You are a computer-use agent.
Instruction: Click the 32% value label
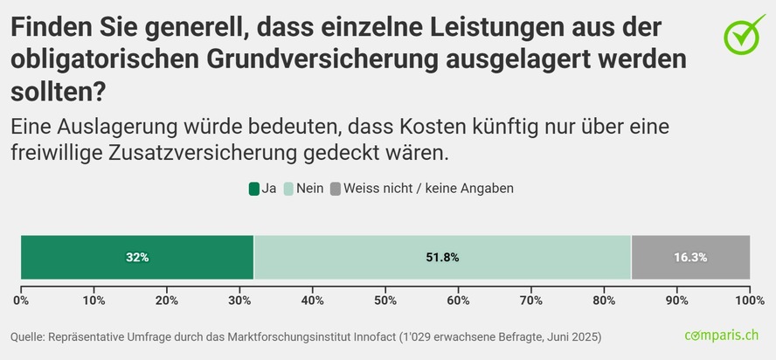[x=137, y=258]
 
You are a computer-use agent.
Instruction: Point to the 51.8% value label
[x=442, y=258]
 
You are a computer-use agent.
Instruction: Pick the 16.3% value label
[x=690, y=258]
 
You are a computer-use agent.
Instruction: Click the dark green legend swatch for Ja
[x=254, y=188]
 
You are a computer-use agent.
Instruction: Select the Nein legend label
[x=310, y=188]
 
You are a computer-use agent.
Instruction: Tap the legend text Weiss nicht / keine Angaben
[x=428, y=188]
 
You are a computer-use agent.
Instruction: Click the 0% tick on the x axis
[x=21, y=301]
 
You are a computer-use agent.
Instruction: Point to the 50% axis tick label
[x=385, y=301]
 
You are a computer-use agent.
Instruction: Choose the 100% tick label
[x=749, y=301]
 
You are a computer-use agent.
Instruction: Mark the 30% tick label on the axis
[x=239, y=301]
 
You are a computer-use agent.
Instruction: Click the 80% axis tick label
[x=604, y=301]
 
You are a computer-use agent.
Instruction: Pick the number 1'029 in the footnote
[x=416, y=336]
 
